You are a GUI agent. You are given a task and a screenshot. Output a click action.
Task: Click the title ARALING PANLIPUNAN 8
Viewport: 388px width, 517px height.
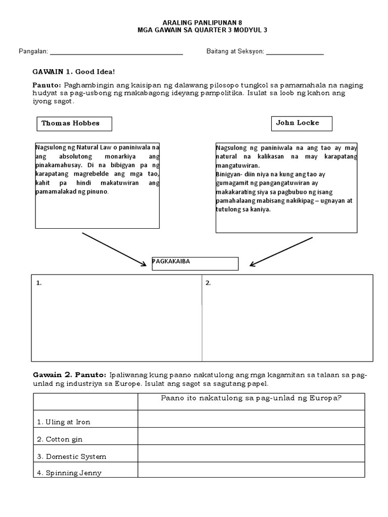(x=194, y=23)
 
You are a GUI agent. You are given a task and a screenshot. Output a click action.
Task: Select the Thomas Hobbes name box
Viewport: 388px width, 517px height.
(x=74, y=124)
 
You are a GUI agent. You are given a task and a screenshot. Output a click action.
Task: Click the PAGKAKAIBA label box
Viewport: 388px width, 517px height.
(x=195, y=263)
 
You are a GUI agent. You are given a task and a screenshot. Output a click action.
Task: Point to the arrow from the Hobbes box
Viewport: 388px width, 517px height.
(x=114, y=248)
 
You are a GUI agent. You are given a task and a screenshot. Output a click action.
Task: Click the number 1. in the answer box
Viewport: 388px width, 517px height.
(x=39, y=283)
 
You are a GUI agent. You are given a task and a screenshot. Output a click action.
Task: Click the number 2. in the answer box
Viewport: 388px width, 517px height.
(x=208, y=283)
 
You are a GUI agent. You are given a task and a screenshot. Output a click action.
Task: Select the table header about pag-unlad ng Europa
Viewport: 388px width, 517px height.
(x=251, y=398)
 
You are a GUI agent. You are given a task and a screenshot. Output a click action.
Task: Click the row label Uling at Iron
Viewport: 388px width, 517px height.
(x=64, y=422)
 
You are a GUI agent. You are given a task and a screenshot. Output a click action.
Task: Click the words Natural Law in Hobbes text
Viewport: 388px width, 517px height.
(x=93, y=147)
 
